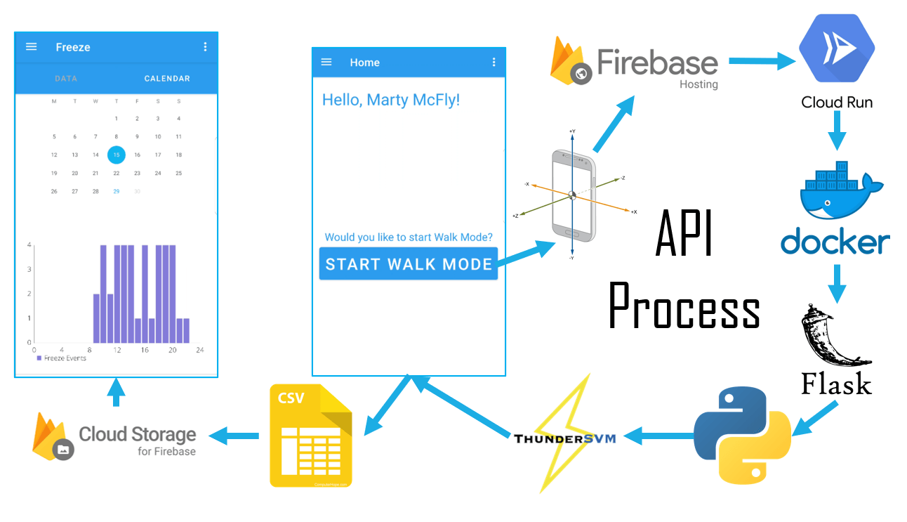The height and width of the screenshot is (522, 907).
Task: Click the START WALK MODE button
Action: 409,264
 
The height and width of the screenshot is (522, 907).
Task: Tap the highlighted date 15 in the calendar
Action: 116,155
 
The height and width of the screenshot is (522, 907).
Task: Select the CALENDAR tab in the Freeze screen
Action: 167,79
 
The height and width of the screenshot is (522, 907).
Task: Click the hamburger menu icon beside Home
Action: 326,63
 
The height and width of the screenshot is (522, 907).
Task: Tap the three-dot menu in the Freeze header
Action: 205,47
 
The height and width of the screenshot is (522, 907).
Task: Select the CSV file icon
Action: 311,436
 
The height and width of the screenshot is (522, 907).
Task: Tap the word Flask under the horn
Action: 836,384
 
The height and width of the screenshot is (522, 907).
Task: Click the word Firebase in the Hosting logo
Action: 657,62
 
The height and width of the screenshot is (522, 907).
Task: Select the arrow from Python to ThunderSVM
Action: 656,436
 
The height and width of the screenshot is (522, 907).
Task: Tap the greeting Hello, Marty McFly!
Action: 391,100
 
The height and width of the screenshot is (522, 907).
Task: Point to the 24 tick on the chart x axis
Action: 199,350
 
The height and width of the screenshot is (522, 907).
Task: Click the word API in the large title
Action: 684,236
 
